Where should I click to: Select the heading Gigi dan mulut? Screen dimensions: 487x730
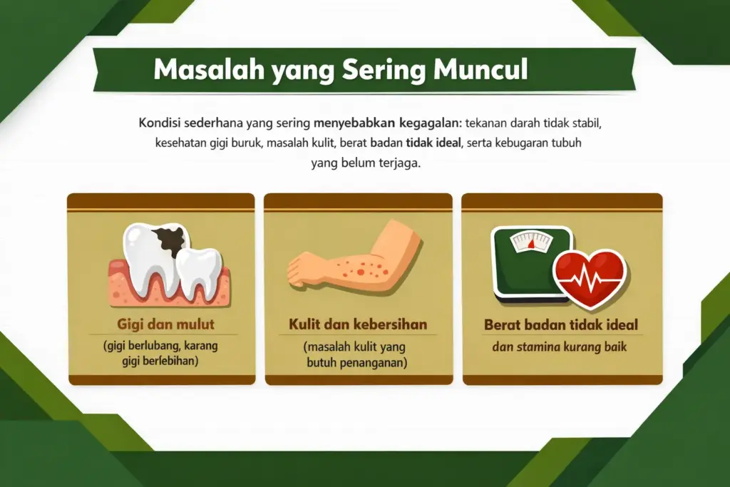point(165,325)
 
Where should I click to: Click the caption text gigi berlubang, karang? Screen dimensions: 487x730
point(161,347)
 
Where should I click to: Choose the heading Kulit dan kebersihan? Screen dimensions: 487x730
point(358,324)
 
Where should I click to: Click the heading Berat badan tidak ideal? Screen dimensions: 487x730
point(561,325)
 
